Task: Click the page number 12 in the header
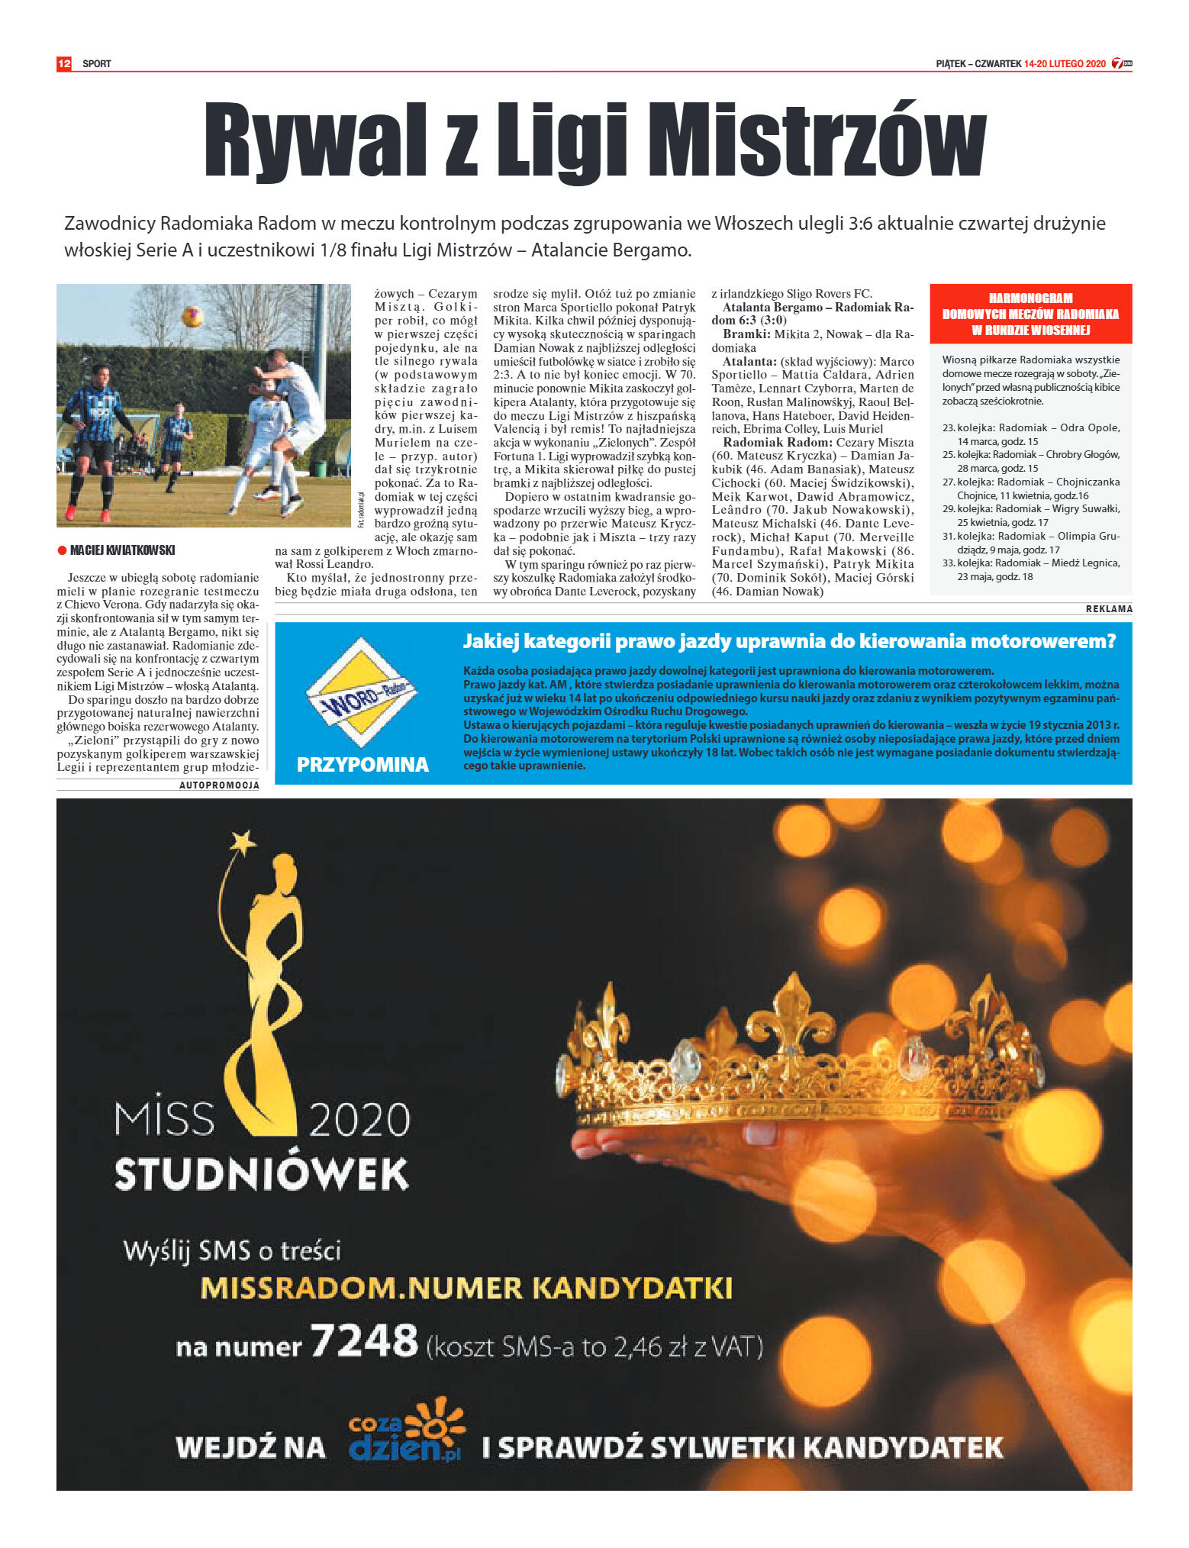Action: click(x=64, y=63)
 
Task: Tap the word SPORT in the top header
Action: click(x=97, y=63)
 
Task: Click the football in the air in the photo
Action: click(x=192, y=315)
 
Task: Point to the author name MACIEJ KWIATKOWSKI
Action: click(x=123, y=550)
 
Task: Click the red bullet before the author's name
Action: click(x=62, y=550)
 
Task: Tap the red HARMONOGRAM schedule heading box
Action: click(x=1030, y=314)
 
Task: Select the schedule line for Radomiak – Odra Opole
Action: click(x=1031, y=434)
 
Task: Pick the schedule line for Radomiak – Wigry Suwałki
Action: click(x=1031, y=515)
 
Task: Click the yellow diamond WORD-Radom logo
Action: click(x=362, y=693)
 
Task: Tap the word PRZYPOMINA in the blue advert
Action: click(x=362, y=764)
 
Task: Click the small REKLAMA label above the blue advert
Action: click(x=1109, y=608)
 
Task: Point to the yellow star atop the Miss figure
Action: click(x=243, y=842)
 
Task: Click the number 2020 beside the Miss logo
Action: click(x=359, y=1120)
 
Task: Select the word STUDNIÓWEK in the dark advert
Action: click(x=262, y=1174)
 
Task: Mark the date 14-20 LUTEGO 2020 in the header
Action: click(x=1065, y=63)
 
